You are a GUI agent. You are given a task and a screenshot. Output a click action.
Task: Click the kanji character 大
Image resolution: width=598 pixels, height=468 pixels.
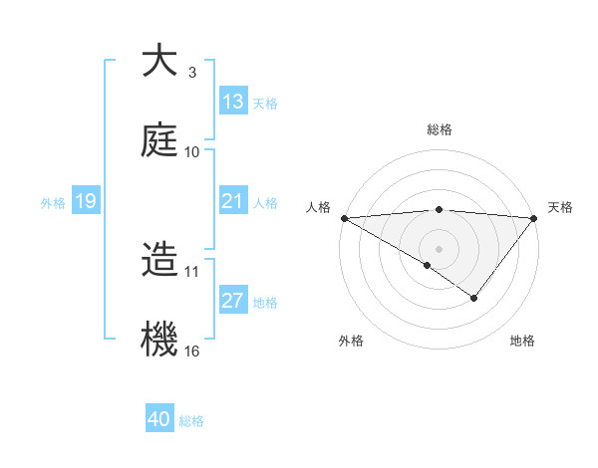pos(158,62)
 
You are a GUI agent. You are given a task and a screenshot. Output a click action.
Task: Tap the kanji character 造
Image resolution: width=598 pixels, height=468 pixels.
pos(158,261)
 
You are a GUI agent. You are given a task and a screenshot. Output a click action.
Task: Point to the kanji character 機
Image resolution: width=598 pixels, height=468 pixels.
pos(158,338)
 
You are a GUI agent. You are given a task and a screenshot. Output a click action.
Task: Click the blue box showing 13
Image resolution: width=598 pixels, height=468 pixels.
pos(232,102)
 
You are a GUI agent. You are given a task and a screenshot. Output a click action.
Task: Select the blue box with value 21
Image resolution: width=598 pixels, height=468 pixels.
pos(232,201)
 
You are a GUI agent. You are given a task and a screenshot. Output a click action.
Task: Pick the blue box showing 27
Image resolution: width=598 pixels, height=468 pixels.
pos(232,302)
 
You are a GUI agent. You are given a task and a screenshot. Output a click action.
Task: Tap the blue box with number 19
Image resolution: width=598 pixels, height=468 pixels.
pos(86,201)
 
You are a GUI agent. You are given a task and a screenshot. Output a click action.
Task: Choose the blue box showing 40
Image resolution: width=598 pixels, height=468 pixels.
pos(159,419)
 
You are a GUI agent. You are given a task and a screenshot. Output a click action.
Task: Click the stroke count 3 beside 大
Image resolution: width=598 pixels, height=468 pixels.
pos(191,73)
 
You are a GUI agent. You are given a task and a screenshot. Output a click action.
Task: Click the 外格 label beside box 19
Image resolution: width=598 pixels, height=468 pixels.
pos(53,202)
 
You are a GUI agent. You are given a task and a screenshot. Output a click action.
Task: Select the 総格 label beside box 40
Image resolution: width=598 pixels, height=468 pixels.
pos(191,420)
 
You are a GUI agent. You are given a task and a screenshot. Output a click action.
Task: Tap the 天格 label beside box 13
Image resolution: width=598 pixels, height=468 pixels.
pos(264,103)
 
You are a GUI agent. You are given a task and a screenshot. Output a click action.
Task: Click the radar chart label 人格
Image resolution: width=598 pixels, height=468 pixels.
pos(318,207)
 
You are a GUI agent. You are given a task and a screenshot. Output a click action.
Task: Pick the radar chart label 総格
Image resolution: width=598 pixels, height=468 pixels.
pos(439,129)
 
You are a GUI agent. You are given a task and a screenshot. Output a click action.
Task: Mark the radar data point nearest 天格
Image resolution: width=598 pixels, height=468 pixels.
pos(534,217)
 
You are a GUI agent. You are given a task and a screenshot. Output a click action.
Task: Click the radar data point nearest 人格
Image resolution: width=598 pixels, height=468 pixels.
pos(344,217)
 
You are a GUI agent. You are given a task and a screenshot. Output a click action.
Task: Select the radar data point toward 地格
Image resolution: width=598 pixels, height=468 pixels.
pos(474,297)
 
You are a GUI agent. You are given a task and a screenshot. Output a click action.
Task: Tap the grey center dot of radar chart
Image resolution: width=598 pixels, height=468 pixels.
pos(439,248)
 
